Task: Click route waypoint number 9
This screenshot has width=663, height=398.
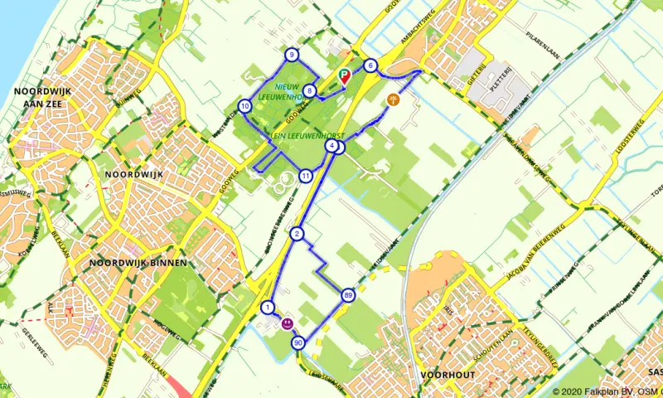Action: click(292, 55)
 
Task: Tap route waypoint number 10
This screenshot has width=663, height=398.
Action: click(244, 106)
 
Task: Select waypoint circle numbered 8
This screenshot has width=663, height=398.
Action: click(309, 91)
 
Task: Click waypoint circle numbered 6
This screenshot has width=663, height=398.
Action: click(370, 66)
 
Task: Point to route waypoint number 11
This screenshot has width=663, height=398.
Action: click(306, 176)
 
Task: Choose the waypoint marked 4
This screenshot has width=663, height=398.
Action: click(331, 146)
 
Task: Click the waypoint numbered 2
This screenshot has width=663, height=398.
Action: click(297, 234)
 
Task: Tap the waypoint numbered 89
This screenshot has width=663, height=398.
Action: click(348, 294)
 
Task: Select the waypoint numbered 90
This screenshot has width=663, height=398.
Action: click(298, 342)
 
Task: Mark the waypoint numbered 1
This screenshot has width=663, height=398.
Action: click(268, 308)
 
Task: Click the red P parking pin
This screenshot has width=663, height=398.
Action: click(345, 78)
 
